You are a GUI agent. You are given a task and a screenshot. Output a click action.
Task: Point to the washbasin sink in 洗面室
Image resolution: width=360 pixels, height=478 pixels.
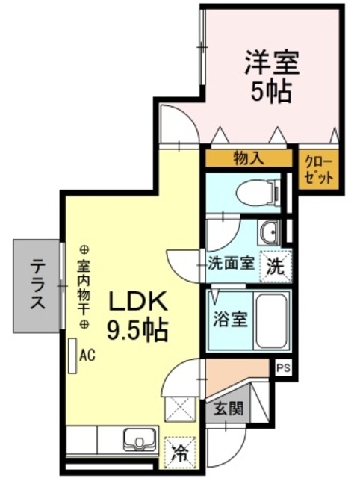270,233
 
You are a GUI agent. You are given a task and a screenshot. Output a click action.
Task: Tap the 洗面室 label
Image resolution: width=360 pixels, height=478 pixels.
232,263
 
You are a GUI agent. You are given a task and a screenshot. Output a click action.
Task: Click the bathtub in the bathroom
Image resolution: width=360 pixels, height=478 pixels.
270,320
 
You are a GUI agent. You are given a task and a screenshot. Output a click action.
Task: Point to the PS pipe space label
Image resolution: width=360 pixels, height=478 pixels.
283,367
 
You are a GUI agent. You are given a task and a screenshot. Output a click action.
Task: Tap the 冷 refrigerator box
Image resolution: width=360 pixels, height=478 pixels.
179,450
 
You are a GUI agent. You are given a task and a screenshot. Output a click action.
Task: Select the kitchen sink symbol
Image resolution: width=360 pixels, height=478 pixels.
139,440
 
